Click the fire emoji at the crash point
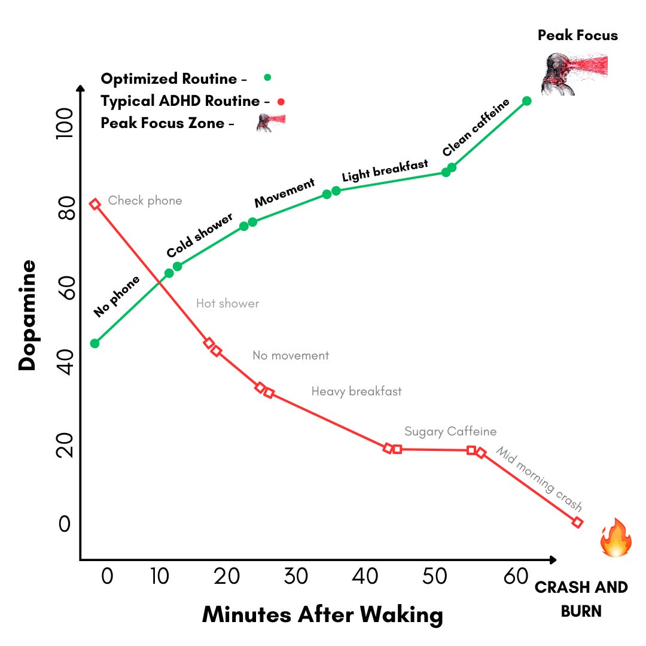615,538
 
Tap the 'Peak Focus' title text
577,35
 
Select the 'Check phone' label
145,201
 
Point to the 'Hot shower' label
227,304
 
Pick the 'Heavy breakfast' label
356,392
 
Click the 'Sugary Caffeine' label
450,431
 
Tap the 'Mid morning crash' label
538,479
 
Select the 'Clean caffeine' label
476,127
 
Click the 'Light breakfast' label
385,170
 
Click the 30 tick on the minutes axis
295,577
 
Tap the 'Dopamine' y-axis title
27,315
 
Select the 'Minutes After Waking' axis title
322,615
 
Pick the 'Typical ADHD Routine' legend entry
180,101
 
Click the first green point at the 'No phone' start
95,343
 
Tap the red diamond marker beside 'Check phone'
95,205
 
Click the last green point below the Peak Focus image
526,101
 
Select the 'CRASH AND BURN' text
581,599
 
